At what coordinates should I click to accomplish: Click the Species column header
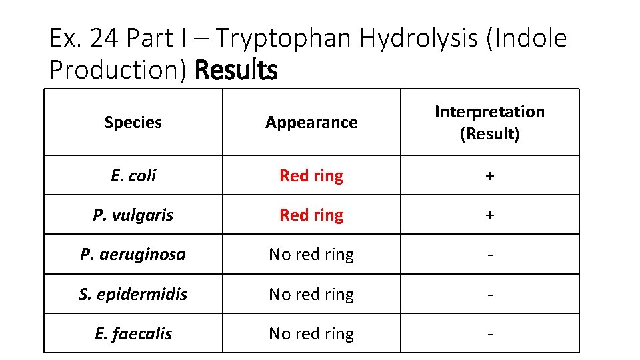133,123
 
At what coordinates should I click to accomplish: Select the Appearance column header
311,123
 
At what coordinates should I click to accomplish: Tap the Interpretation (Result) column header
489,123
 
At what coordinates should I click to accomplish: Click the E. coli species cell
133,175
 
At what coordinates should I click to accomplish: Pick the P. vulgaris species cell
133,215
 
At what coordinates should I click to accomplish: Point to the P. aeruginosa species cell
133,254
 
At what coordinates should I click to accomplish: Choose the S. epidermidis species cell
133,294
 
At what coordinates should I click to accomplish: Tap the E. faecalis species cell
133,333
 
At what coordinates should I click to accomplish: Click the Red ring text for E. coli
311,175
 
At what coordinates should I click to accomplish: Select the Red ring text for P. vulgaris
311,215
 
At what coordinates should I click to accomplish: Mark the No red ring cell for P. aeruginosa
311,254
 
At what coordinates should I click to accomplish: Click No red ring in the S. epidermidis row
311,294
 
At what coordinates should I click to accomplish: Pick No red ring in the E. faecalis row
311,333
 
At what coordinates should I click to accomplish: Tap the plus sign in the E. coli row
490,176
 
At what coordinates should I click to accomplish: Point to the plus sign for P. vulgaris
490,215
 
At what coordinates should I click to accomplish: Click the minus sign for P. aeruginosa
490,255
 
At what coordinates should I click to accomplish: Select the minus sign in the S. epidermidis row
490,295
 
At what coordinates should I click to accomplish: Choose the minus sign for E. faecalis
490,334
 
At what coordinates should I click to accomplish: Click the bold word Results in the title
236,69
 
